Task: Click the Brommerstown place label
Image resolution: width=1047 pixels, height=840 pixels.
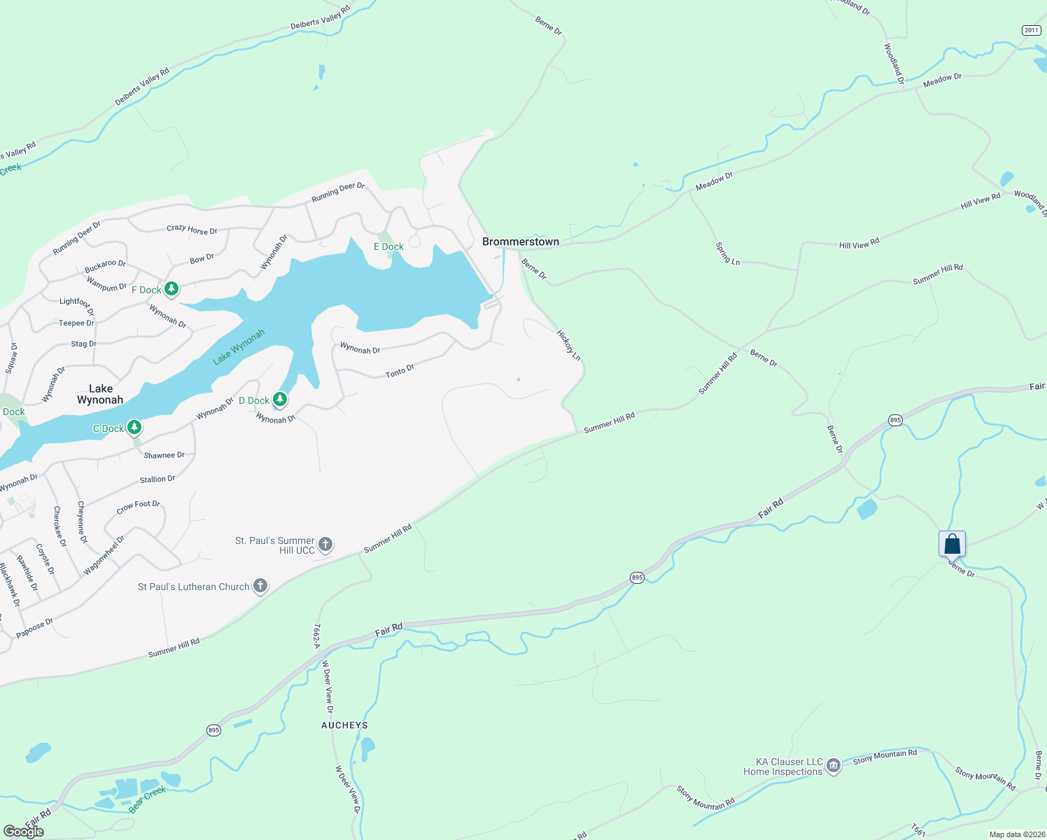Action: coord(521,241)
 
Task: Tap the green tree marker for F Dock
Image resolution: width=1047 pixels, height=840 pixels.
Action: coord(171,289)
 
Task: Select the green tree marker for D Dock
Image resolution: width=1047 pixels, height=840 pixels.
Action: coord(279,400)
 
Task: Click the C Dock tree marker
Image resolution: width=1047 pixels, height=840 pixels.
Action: coord(134,428)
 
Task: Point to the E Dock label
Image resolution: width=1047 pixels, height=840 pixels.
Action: coord(388,246)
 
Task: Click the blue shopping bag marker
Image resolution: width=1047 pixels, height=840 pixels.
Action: coord(952,544)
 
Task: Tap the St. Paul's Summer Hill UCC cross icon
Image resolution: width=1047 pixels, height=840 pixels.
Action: coord(325,545)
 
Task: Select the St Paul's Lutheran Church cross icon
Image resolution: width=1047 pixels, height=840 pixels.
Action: coord(260,586)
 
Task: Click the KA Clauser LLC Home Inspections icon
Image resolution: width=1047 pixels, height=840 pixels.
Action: coord(833,766)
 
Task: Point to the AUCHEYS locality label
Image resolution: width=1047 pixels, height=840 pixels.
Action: coord(344,725)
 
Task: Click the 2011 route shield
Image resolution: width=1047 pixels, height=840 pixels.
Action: coord(1031,30)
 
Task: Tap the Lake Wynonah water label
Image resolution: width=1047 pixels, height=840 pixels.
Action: coord(239,347)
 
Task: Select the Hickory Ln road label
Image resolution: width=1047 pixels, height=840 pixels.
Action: coord(568,345)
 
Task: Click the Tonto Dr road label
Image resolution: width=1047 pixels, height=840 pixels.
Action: coord(400,371)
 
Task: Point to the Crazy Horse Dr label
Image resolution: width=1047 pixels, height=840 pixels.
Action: coord(192,229)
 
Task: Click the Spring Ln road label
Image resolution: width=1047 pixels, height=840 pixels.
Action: coord(727,253)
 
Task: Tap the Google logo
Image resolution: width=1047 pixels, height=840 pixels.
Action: coord(24,831)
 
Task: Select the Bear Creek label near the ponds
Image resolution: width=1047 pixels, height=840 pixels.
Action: coord(147,799)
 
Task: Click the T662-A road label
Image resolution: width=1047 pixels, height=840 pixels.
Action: coord(316,636)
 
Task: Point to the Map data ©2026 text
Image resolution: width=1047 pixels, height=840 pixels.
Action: coord(1016,834)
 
